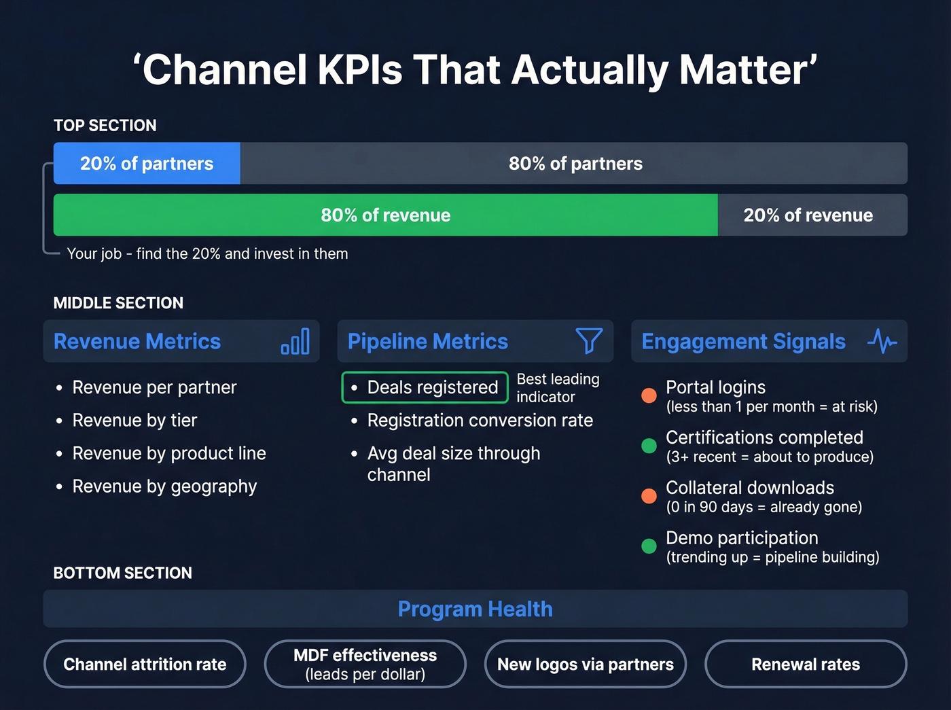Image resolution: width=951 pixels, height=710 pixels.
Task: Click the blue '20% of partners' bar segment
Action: [x=147, y=164]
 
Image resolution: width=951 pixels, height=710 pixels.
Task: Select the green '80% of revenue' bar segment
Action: [x=385, y=215]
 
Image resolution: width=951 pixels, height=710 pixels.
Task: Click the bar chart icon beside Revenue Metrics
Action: [x=295, y=341]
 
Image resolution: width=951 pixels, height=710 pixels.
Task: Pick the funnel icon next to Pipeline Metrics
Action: [x=589, y=340]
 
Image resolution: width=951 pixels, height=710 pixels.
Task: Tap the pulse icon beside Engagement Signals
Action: [x=882, y=341]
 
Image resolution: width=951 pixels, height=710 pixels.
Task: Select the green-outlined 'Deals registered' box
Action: [x=425, y=387]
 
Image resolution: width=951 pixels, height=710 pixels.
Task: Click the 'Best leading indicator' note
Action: [x=558, y=388]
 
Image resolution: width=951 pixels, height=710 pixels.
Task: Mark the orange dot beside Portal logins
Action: [x=649, y=395]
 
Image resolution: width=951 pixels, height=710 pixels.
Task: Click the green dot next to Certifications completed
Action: [x=649, y=446]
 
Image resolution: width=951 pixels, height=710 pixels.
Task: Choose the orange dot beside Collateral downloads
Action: [x=649, y=496]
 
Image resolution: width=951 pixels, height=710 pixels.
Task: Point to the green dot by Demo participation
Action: [x=649, y=546]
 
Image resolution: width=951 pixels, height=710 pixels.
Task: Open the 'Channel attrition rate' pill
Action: [x=145, y=664]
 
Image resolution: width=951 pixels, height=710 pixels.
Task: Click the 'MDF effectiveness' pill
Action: [x=365, y=664]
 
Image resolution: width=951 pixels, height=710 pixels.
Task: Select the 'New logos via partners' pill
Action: [x=586, y=664]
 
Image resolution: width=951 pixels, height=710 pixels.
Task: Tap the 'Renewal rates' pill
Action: [x=806, y=664]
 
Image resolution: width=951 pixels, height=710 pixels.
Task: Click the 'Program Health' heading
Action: [x=475, y=609]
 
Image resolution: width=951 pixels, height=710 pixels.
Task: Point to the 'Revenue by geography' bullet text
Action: [x=164, y=486]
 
